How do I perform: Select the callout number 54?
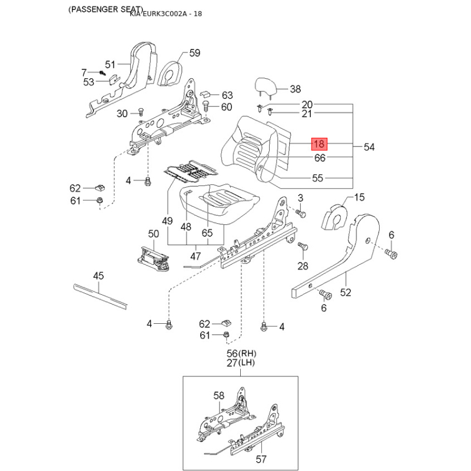tap(369, 147)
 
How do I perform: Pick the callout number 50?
tap(154, 234)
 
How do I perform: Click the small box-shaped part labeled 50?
tap(152, 257)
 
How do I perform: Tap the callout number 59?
tap(195, 53)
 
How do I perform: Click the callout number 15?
tap(359, 197)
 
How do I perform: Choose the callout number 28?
tap(303, 266)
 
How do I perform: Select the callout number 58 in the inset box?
tap(218, 396)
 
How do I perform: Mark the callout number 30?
tap(122, 114)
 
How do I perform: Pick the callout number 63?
tap(227, 95)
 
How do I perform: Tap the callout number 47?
tap(195, 256)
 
